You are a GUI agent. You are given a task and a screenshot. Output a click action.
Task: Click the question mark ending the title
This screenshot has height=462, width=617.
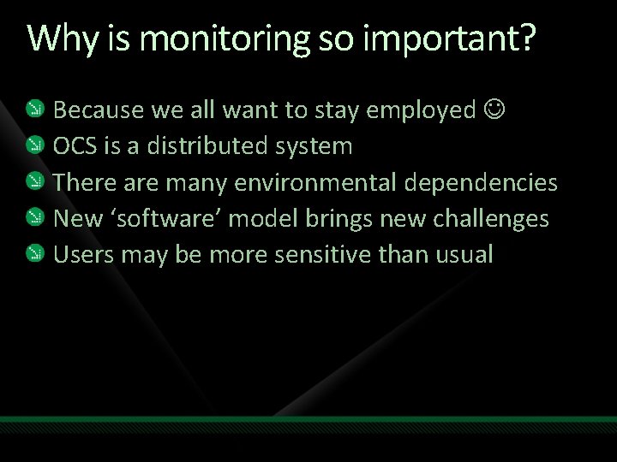[524, 39]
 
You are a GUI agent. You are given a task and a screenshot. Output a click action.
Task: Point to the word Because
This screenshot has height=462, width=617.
[99, 110]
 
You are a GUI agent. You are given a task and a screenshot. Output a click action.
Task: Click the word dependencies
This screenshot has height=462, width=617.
[485, 182]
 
